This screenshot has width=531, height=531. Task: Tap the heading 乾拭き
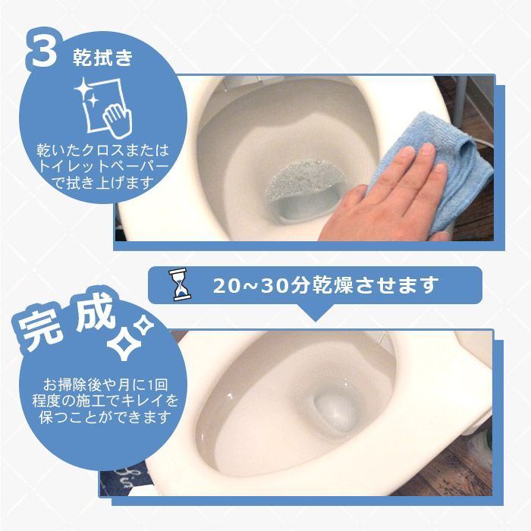pyautogui.click(x=102, y=57)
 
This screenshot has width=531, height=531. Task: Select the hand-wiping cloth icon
pyautogui.click(x=103, y=108)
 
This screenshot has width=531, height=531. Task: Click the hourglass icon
pyautogui.click(x=181, y=284)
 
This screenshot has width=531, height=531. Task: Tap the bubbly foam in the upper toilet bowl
pyautogui.click(x=305, y=180)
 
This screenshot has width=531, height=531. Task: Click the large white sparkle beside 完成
pyautogui.click(x=124, y=343)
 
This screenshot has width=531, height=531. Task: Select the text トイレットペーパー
pyautogui.click(x=103, y=166)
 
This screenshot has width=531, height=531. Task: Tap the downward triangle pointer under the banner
pyautogui.click(x=315, y=313)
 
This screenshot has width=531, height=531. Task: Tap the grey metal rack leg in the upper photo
pyautogui.click(x=460, y=101)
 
